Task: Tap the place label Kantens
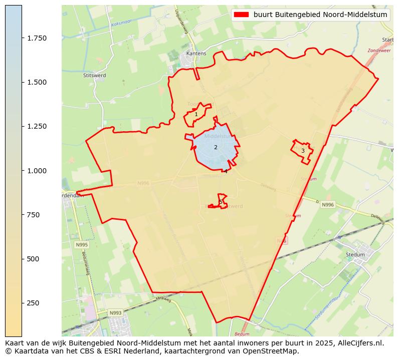click(x=196, y=53)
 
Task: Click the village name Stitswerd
click(x=94, y=76)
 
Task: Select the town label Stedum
click(x=355, y=254)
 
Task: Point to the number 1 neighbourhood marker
click(x=196, y=115)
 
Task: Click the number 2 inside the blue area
click(x=216, y=147)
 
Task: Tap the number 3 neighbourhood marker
click(x=303, y=151)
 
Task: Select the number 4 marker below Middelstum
click(x=226, y=171)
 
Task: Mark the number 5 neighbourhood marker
click(x=221, y=202)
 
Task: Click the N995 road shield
click(x=82, y=245)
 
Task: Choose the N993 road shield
click(x=116, y=313)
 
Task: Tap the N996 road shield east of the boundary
click(x=327, y=205)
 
